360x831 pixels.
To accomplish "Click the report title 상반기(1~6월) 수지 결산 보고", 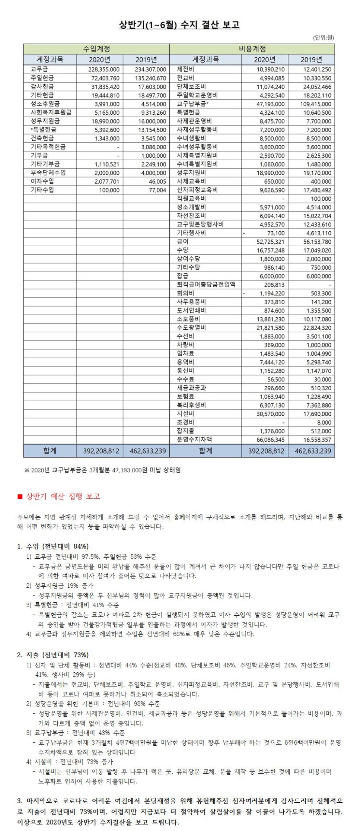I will pos(179,25).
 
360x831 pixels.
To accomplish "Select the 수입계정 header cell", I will pos(96,49).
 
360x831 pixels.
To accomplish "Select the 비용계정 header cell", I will pos(252,49).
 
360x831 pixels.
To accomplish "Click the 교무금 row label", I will pos(39,69).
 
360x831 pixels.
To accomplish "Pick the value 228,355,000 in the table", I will pos(104,70).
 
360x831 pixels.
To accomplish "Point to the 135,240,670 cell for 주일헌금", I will pos(150,78).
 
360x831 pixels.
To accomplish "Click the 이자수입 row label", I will pos(42,181).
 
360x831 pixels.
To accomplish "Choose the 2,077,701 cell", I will pos(107,182).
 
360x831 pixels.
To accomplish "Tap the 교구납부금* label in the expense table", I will pos(192,104).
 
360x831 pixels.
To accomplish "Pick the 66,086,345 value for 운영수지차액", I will pos(270,440).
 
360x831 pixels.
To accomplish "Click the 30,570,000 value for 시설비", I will pos(270,414).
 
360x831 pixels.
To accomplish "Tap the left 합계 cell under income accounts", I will pos(50,451).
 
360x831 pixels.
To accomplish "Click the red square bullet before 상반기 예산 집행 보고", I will pos(20,497).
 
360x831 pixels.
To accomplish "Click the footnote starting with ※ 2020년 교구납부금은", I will pos(102,470).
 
